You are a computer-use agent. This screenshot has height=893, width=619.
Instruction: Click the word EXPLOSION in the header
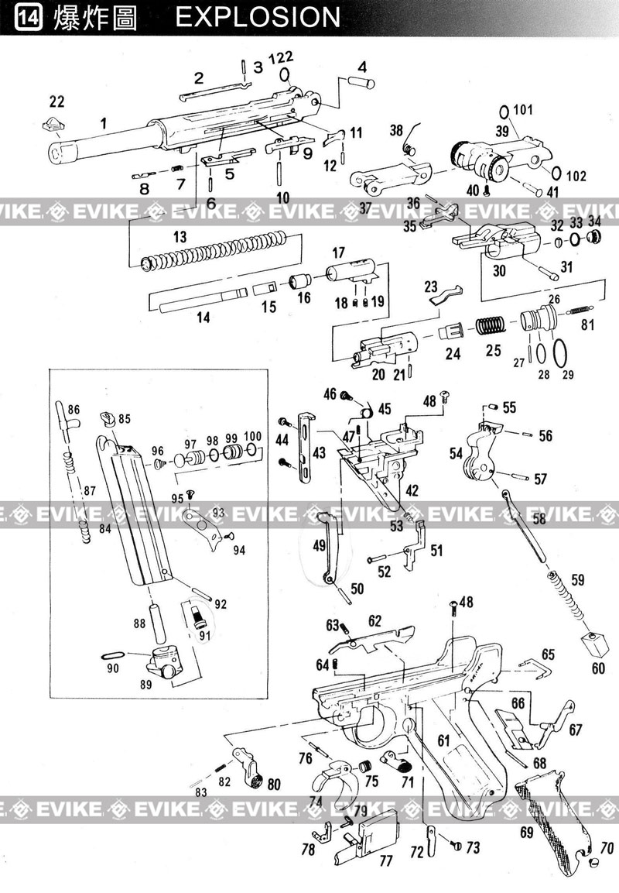(258, 17)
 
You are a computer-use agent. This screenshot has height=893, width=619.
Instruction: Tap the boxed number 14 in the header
(28, 18)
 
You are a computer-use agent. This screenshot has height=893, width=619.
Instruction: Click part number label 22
(57, 101)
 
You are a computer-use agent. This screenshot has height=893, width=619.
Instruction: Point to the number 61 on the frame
(443, 740)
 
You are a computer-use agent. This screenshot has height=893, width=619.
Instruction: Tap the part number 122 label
(281, 57)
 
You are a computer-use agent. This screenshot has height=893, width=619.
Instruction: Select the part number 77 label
(386, 860)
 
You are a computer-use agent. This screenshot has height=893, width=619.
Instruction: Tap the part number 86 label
(74, 410)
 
